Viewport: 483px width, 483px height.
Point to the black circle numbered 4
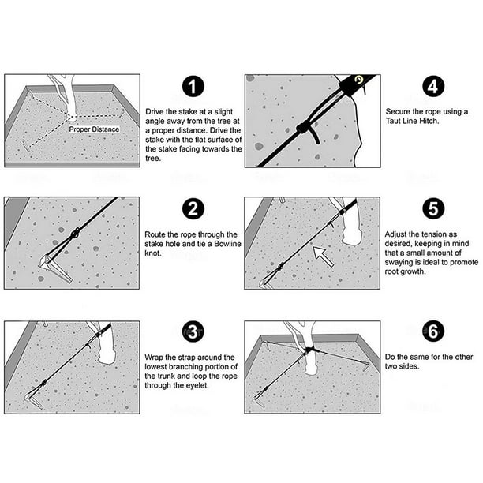click(x=431, y=88)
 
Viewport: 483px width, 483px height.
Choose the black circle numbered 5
click(x=431, y=211)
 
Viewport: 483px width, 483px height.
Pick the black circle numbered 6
click(x=431, y=333)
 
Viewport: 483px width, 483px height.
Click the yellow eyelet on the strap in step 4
click(x=360, y=79)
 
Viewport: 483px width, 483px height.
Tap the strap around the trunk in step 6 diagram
click(x=309, y=349)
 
